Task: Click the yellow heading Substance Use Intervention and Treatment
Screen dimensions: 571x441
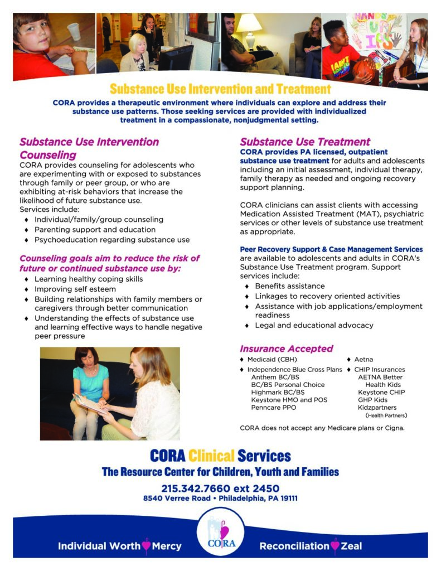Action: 220,89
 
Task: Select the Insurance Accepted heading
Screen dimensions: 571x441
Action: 286,349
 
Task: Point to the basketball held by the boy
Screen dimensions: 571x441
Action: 365,69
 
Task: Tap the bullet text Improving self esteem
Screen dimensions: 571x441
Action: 75,289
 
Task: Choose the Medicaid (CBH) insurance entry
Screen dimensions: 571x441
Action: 272,360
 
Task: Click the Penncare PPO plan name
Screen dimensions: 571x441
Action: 274,408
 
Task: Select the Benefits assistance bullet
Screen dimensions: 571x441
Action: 289,286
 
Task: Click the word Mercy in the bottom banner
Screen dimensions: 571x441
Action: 167,546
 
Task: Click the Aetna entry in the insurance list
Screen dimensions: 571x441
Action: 364,360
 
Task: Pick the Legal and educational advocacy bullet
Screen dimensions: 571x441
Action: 314,325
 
